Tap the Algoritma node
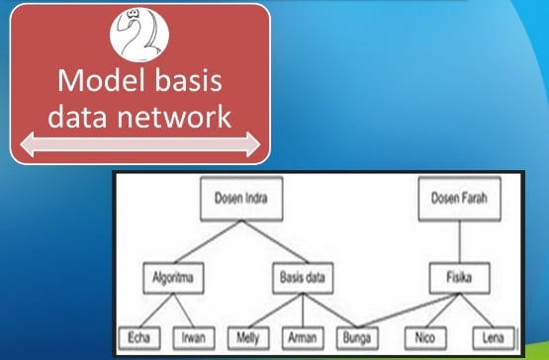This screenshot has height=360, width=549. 170,278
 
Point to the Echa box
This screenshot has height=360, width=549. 137,336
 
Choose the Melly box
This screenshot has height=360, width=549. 247,336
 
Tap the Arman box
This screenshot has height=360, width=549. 303,336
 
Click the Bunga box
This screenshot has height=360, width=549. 358,336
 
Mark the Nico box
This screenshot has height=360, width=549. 426,336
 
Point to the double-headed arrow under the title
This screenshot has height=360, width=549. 138,146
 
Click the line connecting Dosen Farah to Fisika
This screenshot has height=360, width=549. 456,238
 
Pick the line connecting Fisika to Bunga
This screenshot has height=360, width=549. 406,309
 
